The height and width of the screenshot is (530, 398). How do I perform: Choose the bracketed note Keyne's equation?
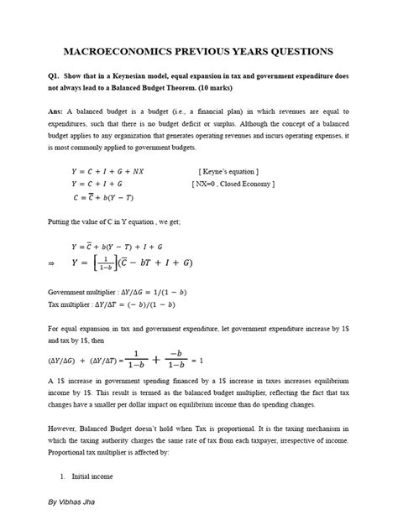pos(234,171)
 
